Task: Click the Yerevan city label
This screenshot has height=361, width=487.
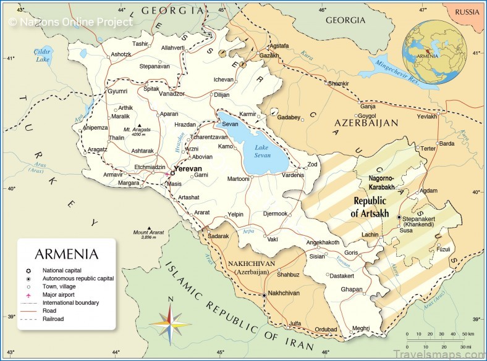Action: pyautogui.click(x=188, y=168)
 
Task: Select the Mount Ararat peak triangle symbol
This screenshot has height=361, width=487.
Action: pyautogui.click(x=150, y=227)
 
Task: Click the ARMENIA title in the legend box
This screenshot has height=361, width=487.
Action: pyautogui.click(x=66, y=254)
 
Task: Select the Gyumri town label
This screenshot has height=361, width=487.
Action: pyautogui.click(x=117, y=91)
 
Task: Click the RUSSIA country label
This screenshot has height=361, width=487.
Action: pyautogui.click(x=467, y=12)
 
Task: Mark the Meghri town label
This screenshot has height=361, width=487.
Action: pyautogui.click(x=360, y=328)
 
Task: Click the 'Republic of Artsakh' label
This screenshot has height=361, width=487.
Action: pyautogui.click(x=370, y=207)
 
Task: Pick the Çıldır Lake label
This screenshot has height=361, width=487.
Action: pyautogui.click(x=43, y=56)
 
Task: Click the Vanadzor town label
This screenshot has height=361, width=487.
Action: pyautogui.click(x=172, y=93)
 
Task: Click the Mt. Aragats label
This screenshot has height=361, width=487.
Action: pyautogui.click(x=135, y=130)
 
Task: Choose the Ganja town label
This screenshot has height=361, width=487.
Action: pyautogui.click(x=368, y=106)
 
